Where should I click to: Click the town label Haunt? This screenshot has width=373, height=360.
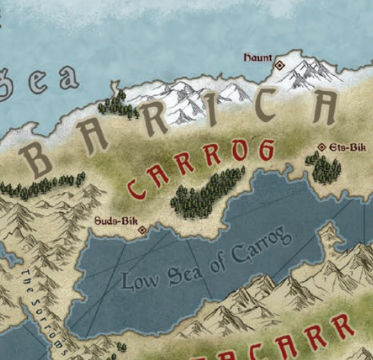click(x=257, y=58)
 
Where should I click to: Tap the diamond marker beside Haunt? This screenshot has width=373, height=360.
click(x=280, y=65)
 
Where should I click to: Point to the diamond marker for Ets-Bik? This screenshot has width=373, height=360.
click(x=322, y=147)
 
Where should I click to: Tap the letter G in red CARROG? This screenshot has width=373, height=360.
click(x=264, y=149)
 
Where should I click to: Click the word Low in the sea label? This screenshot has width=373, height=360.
click(x=140, y=280)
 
